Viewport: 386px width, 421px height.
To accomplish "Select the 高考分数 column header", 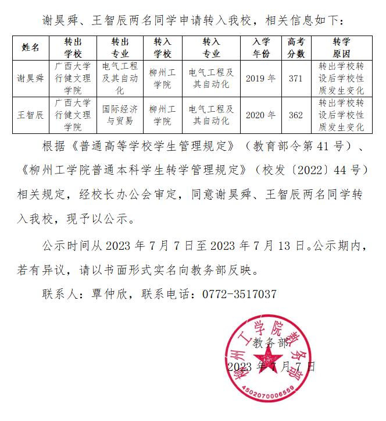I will coord(296,48).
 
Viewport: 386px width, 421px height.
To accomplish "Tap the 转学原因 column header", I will coord(341,48).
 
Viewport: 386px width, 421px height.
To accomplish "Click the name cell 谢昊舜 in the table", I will coord(31,78).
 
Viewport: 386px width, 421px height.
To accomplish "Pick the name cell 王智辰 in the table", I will coord(31,115).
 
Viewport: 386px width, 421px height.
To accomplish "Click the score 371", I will coord(296,78).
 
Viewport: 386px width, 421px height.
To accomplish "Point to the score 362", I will coord(296,115).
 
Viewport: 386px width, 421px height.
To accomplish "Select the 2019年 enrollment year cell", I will coord(261,78).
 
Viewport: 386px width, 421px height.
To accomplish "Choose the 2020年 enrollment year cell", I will coord(261,115).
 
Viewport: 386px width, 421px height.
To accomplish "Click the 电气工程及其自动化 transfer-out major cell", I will coord(120,78).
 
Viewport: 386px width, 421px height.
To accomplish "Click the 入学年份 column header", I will coord(261,48).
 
